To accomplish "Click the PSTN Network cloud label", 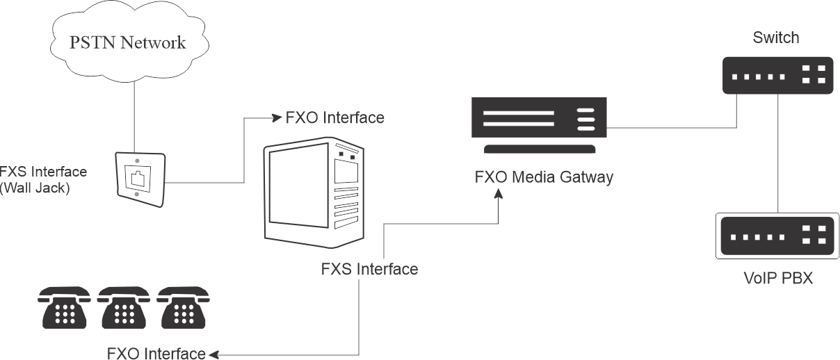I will [129, 43].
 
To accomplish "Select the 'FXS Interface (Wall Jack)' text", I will [43, 179].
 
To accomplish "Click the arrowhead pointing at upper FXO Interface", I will [277, 118].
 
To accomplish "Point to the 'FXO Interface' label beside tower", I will [335, 117].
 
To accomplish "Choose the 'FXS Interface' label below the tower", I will [369, 268].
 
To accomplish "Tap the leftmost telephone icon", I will [64, 307].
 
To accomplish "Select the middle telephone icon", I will [124, 307].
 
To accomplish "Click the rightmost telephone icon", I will [183, 307].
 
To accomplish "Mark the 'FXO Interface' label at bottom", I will [156, 353].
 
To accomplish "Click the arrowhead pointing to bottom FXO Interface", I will [213, 354].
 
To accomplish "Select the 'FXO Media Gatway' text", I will [544, 177].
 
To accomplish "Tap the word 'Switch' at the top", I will [776, 38].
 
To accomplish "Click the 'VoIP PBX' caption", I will [778, 279].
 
